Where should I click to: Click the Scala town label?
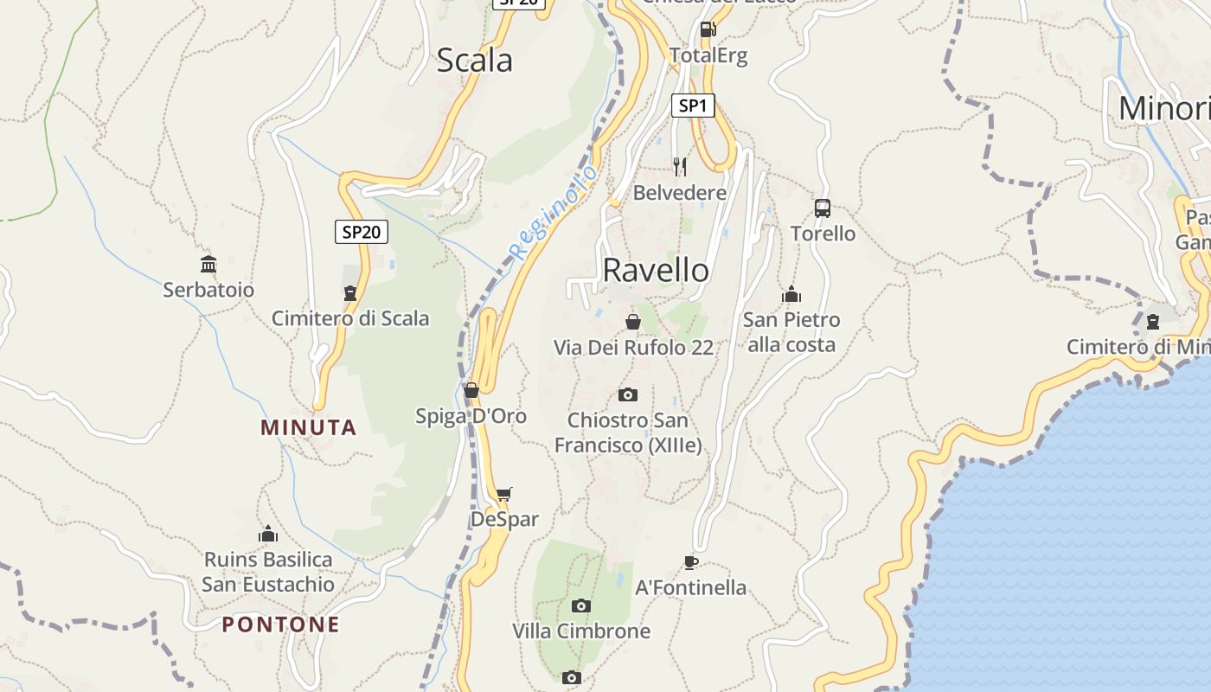point(474,61)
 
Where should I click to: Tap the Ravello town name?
point(656,270)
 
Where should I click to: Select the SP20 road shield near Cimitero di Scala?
point(362,232)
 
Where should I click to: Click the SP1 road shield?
point(693,106)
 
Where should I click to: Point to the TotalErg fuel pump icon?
point(708,29)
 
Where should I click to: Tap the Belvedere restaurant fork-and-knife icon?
point(680,166)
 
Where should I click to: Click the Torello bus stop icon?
point(823,208)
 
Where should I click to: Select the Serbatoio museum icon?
point(208,264)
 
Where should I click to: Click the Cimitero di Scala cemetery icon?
point(350,293)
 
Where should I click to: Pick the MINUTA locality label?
point(309,427)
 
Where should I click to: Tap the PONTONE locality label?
point(280,625)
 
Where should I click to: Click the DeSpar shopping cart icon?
point(504,494)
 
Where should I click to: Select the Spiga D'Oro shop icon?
point(471,390)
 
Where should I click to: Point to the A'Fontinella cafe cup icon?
point(690,562)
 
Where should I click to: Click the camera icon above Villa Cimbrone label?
point(581,605)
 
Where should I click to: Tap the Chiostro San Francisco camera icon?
point(628,395)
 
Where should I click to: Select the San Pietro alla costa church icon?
point(791,295)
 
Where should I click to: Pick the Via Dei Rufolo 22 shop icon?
point(633,322)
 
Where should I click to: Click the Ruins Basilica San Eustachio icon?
point(268,534)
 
